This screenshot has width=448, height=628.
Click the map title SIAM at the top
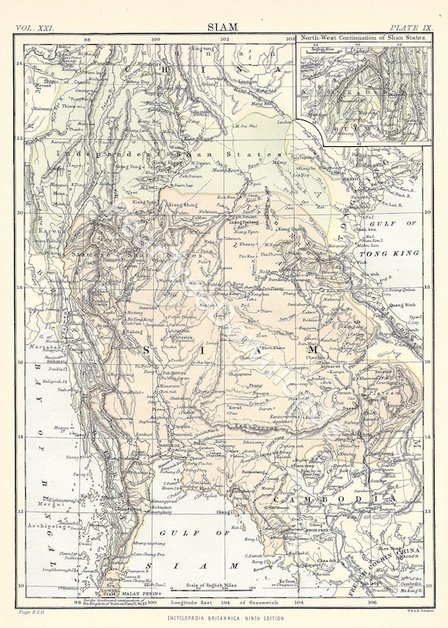point(224,27)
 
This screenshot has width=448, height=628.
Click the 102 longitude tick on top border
point(225,37)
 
